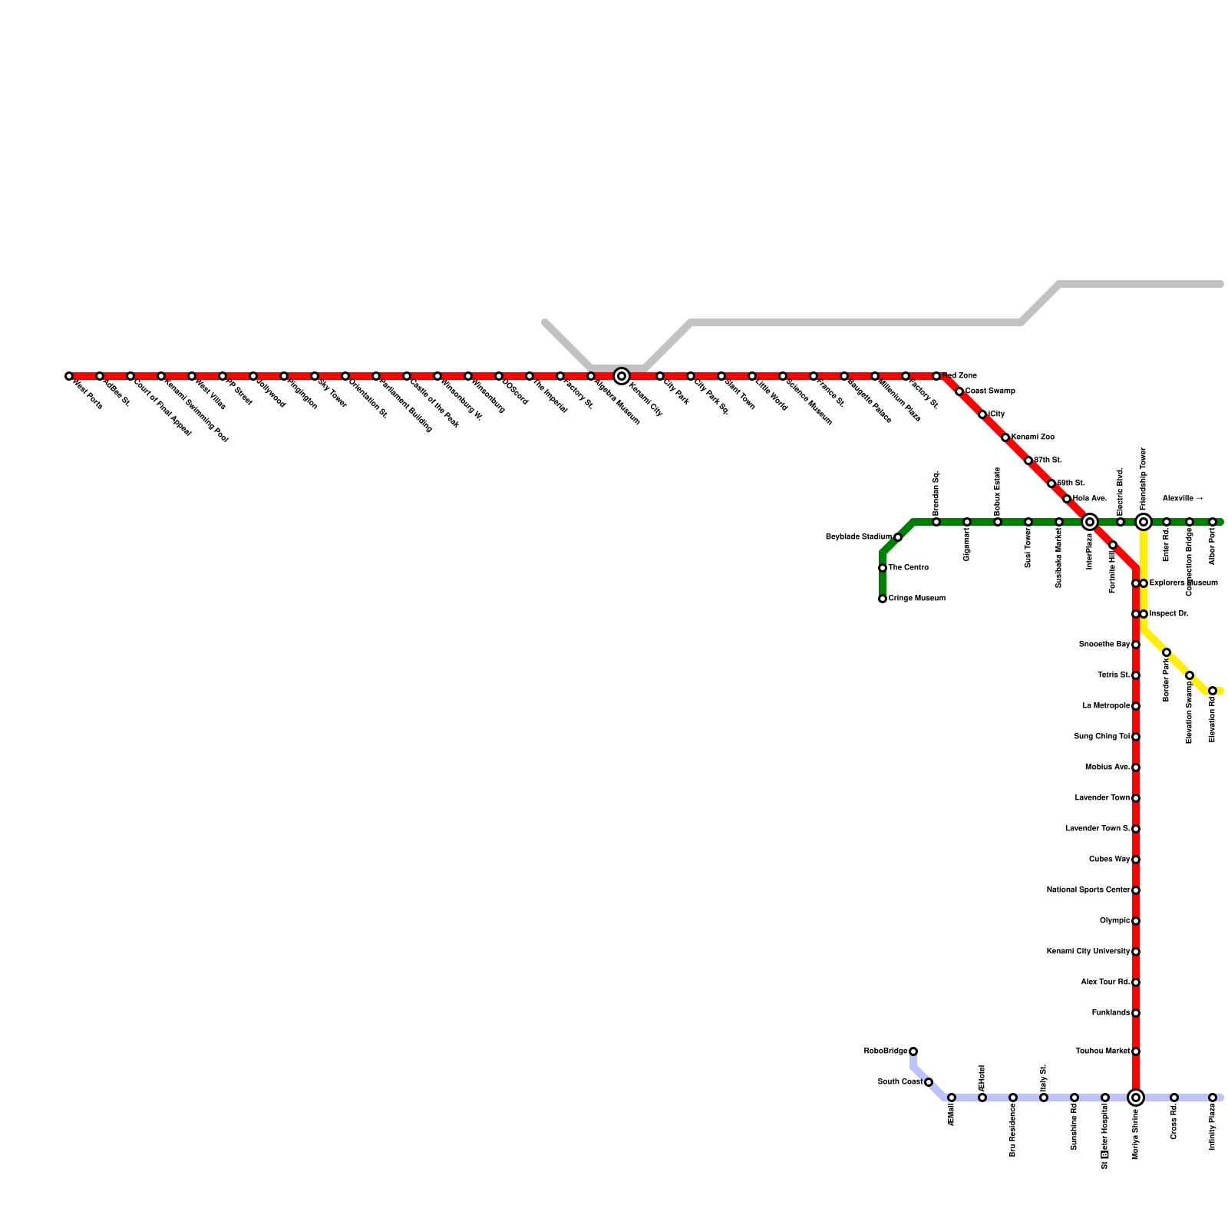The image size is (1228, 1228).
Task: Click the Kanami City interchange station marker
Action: pyautogui.click(x=622, y=376)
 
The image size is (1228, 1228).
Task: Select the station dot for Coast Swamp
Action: pyautogui.click(x=959, y=391)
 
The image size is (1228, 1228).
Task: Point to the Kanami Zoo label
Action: pyautogui.click(x=1032, y=437)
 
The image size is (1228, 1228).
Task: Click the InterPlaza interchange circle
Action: pyautogui.click(x=1090, y=522)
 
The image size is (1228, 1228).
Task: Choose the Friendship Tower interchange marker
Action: pyautogui.click(x=1144, y=522)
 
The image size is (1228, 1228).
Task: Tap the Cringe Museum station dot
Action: pyautogui.click(x=883, y=599)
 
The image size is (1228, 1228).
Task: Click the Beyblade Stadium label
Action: pyautogui.click(x=858, y=537)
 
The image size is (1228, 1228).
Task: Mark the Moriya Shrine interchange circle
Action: pyautogui.click(x=1136, y=1098)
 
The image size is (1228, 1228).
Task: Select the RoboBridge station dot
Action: pyautogui.click(x=913, y=1051)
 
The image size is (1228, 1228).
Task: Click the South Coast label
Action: pyautogui.click(x=900, y=1082)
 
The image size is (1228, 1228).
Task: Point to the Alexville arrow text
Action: pyautogui.click(x=1182, y=499)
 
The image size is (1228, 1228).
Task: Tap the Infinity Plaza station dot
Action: pyautogui.click(x=1213, y=1098)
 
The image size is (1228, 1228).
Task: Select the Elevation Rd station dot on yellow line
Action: pyautogui.click(x=1213, y=691)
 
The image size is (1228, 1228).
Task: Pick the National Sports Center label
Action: pyautogui.click(x=1088, y=890)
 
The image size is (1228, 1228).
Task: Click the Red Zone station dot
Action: pyautogui.click(x=936, y=376)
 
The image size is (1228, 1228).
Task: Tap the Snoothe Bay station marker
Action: pyautogui.click(x=1136, y=645)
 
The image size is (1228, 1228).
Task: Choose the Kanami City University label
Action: pyautogui.click(x=1088, y=952)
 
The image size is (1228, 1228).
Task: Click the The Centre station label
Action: pyautogui.click(x=908, y=568)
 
